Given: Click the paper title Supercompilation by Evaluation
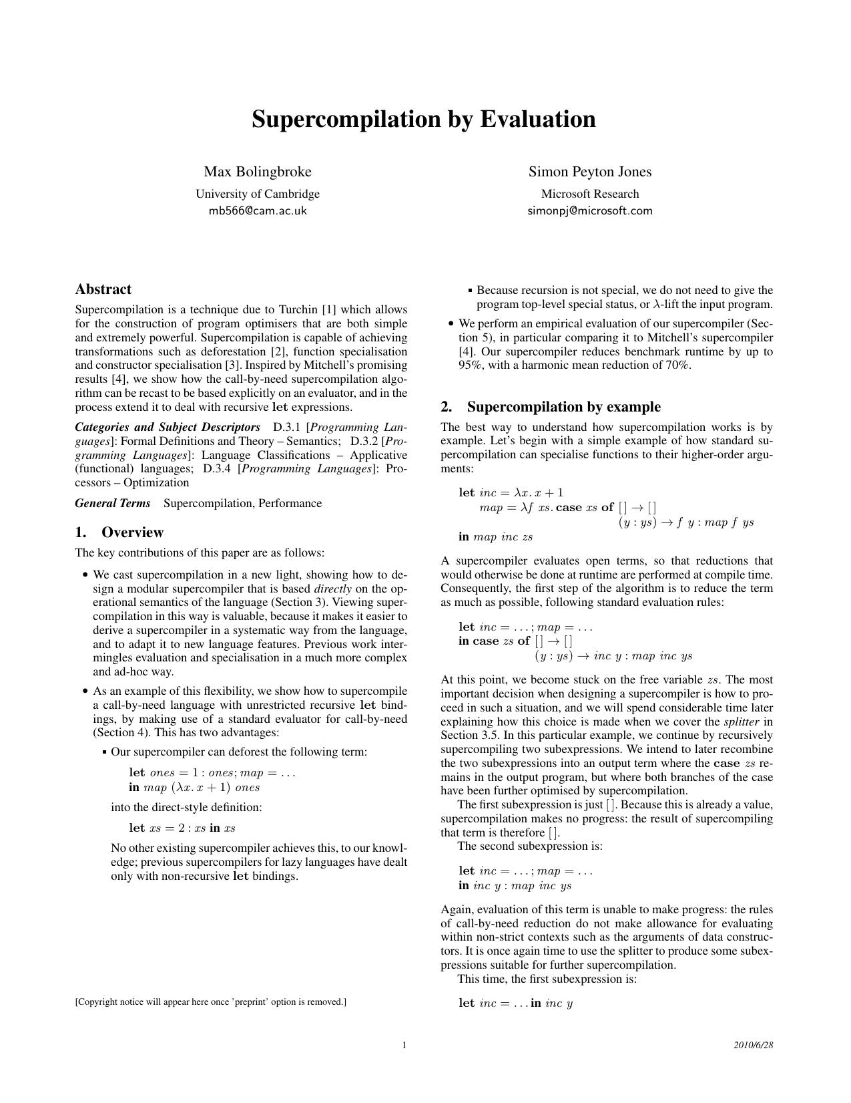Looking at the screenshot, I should (424, 120).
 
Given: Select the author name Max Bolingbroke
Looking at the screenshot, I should (258, 172).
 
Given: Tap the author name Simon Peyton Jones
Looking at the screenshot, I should (590, 172).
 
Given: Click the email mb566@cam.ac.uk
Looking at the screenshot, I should (258, 211).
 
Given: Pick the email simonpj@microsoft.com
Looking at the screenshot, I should (590, 211).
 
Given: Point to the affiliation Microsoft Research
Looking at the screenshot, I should (590, 194).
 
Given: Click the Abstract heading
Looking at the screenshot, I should (103, 289).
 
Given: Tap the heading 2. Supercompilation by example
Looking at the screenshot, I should (551, 407).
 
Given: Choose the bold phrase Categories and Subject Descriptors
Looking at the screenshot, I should (168, 427).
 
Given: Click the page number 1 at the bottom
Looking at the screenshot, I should (404, 1045).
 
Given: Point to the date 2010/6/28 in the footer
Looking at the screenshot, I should (753, 1045).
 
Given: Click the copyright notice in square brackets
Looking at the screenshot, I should (210, 1001).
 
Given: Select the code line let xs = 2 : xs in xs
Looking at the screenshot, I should (182, 828).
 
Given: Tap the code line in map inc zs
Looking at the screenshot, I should (496, 537).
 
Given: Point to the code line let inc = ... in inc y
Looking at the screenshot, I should (516, 1003).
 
